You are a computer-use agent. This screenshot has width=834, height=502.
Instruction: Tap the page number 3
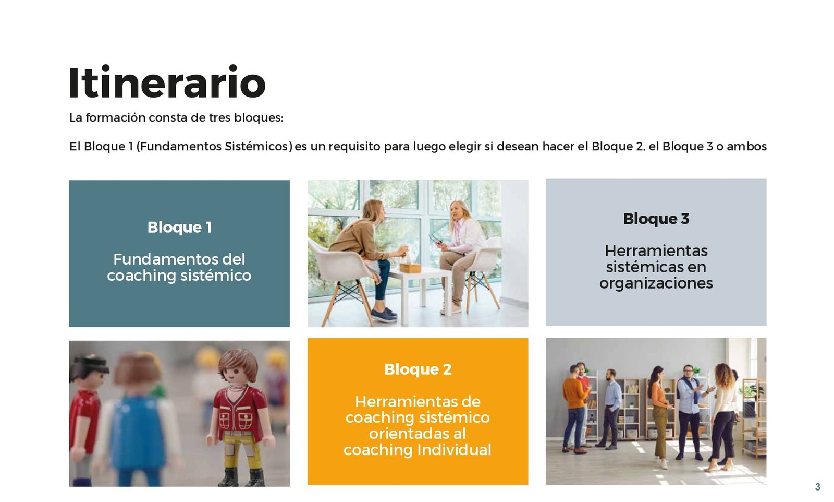coord(818,487)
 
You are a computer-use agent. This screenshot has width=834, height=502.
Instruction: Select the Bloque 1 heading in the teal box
coord(179,227)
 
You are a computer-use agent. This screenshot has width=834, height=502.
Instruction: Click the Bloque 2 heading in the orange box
coord(418,369)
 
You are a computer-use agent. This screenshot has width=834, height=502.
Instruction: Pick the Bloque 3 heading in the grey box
coord(656,219)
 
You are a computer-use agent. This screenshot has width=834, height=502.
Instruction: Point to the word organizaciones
coord(656,283)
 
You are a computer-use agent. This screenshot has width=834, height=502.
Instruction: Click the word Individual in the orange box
coord(454,449)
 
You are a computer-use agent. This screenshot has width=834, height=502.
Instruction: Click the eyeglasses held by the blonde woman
coord(436,239)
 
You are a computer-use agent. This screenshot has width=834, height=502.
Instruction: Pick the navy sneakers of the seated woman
coord(384,315)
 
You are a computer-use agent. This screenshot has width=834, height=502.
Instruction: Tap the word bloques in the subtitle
coord(259,118)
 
